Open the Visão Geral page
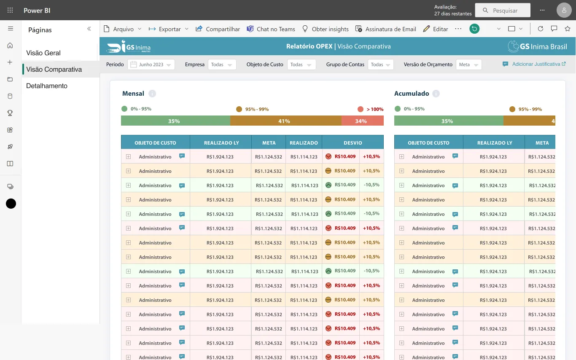(43, 53)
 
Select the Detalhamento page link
(47, 86)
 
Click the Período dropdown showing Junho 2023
(151, 64)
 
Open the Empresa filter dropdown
(222, 64)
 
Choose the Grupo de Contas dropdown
(381, 64)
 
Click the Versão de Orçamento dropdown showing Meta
(468, 64)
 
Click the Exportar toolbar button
(168, 29)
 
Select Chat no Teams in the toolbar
(271, 29)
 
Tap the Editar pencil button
(436, 29)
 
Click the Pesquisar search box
(503, 10)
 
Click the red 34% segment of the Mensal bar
(363, 121)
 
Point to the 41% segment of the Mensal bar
(286, 121)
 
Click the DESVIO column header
(353, 143)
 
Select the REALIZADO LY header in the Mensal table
(221, 143)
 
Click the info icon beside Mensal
(152, 94)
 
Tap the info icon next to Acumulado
(436, 94)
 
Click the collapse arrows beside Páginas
(89, 29)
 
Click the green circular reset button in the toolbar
(474, 29)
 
